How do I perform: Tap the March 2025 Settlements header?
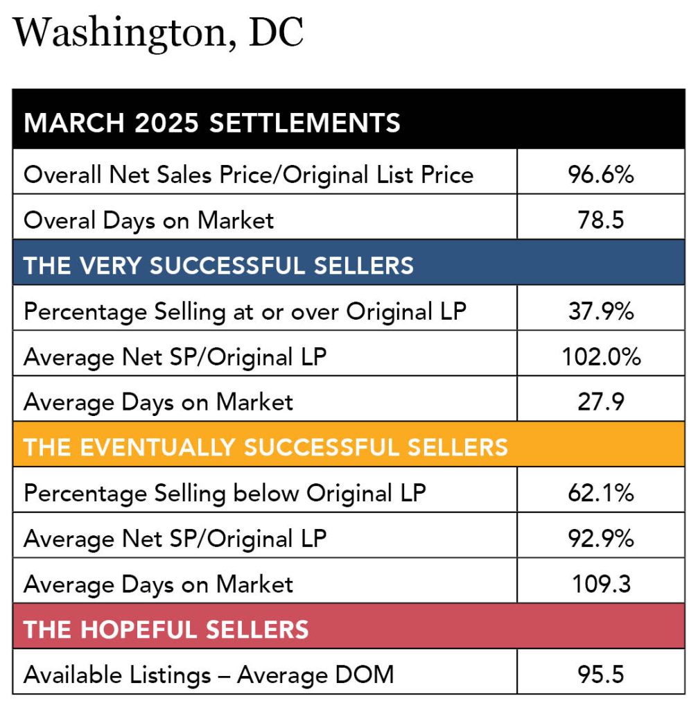click(212, 123)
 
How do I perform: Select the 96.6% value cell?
click(600, 174)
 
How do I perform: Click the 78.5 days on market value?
click(600, 220)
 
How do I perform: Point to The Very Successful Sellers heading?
click(218, 265)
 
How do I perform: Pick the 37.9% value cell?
click(600, 311)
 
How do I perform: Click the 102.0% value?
click(600, 356)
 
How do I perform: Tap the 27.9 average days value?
click(600, 401)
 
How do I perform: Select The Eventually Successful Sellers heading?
click(265, 447)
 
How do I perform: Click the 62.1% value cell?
click(600, 493)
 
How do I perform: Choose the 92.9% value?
click(600, 539)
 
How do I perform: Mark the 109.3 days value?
click(600, 584)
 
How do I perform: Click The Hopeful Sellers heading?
click(166, 630)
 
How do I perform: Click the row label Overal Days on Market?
click(148, 220)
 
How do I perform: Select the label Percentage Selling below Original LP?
click(225, 493)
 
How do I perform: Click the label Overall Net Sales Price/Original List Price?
click(248, 174)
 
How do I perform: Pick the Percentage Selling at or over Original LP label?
click(245, 311)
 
